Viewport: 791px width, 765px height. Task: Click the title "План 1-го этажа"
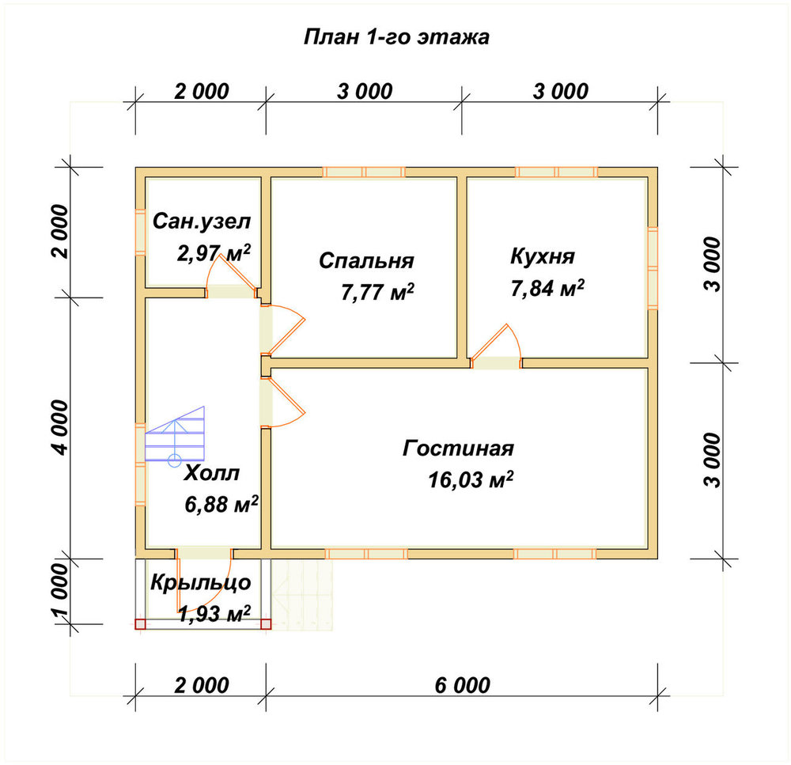[396, 37]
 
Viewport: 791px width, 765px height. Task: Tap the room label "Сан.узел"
[201, 222]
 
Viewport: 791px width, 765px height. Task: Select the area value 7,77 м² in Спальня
[377, 292]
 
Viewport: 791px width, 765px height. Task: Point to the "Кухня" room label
[543, 256]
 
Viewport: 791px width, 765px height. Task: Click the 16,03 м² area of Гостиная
[471, 479]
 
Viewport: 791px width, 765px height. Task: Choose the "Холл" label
[211, 473]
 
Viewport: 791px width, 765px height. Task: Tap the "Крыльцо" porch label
[201, 583]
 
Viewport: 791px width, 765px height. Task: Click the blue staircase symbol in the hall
[175, 435]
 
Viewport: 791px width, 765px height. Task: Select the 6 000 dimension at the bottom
[462, 685]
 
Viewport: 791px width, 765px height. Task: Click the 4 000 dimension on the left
[59, 428]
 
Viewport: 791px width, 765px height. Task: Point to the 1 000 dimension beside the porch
[59, 591]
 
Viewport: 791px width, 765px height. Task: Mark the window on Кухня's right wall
[653, 267]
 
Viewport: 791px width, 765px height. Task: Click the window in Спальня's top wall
[364, 172]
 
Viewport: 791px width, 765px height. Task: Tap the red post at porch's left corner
[140, 624]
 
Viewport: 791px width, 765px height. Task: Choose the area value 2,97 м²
[214, 253]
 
